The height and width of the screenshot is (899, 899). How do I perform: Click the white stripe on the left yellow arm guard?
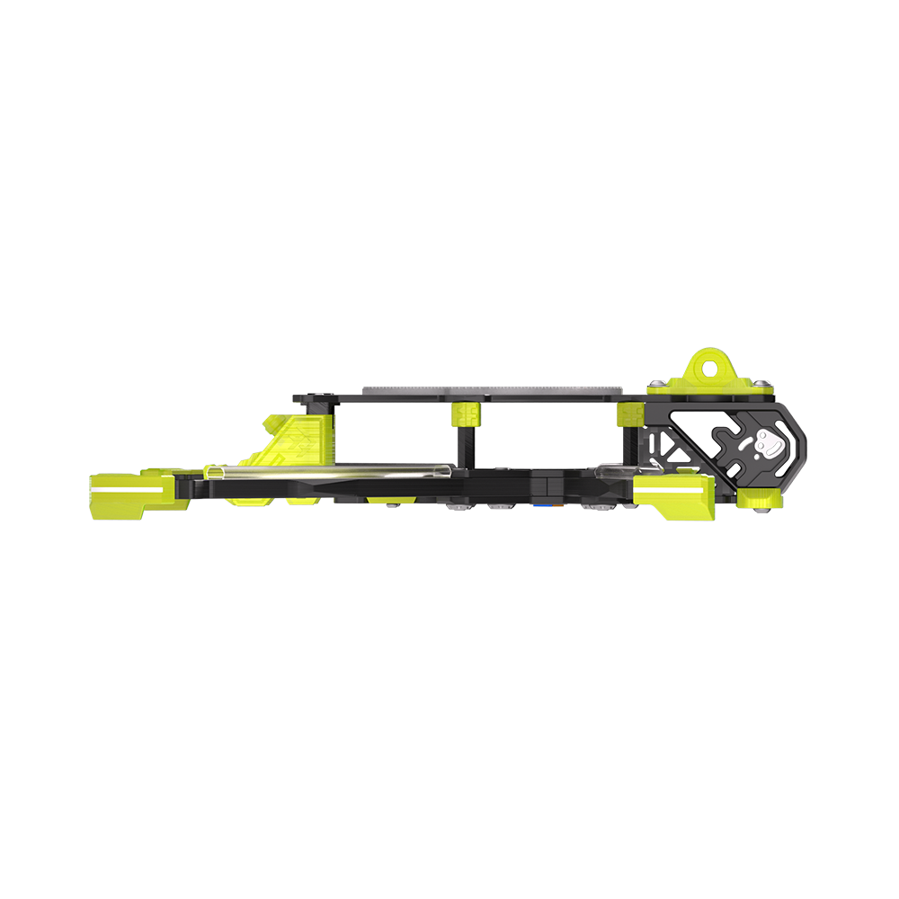tap(127, 489)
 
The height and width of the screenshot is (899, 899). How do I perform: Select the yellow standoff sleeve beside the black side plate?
tap(628, 414)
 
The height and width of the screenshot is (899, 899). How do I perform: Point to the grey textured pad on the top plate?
tap(494, 388)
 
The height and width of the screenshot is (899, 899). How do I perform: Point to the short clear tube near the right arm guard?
tap(615, 470)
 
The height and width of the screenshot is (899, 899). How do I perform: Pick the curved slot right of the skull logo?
tap(790, 454)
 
